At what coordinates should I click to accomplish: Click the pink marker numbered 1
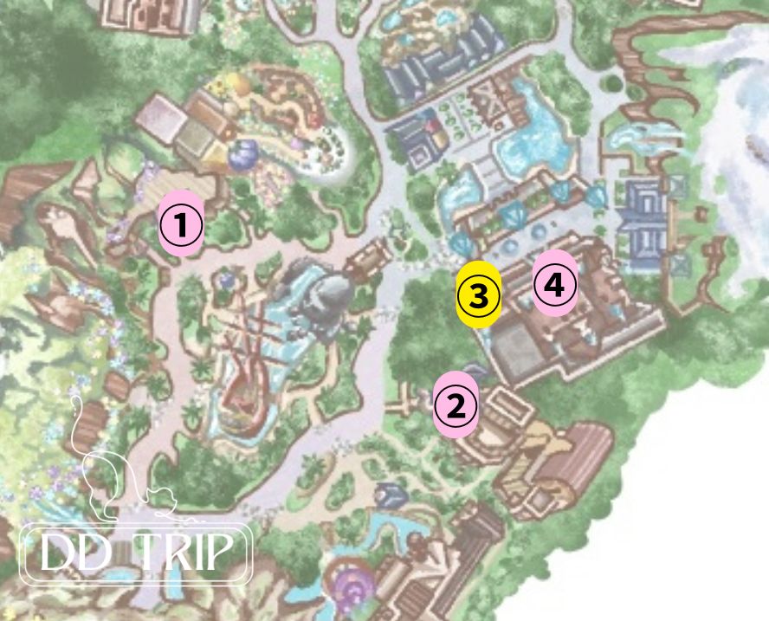click(181, 222)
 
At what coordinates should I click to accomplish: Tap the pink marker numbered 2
click(456, 404)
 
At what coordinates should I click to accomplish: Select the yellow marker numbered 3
click(479, 295)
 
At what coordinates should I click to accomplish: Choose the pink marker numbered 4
click(554, 283)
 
